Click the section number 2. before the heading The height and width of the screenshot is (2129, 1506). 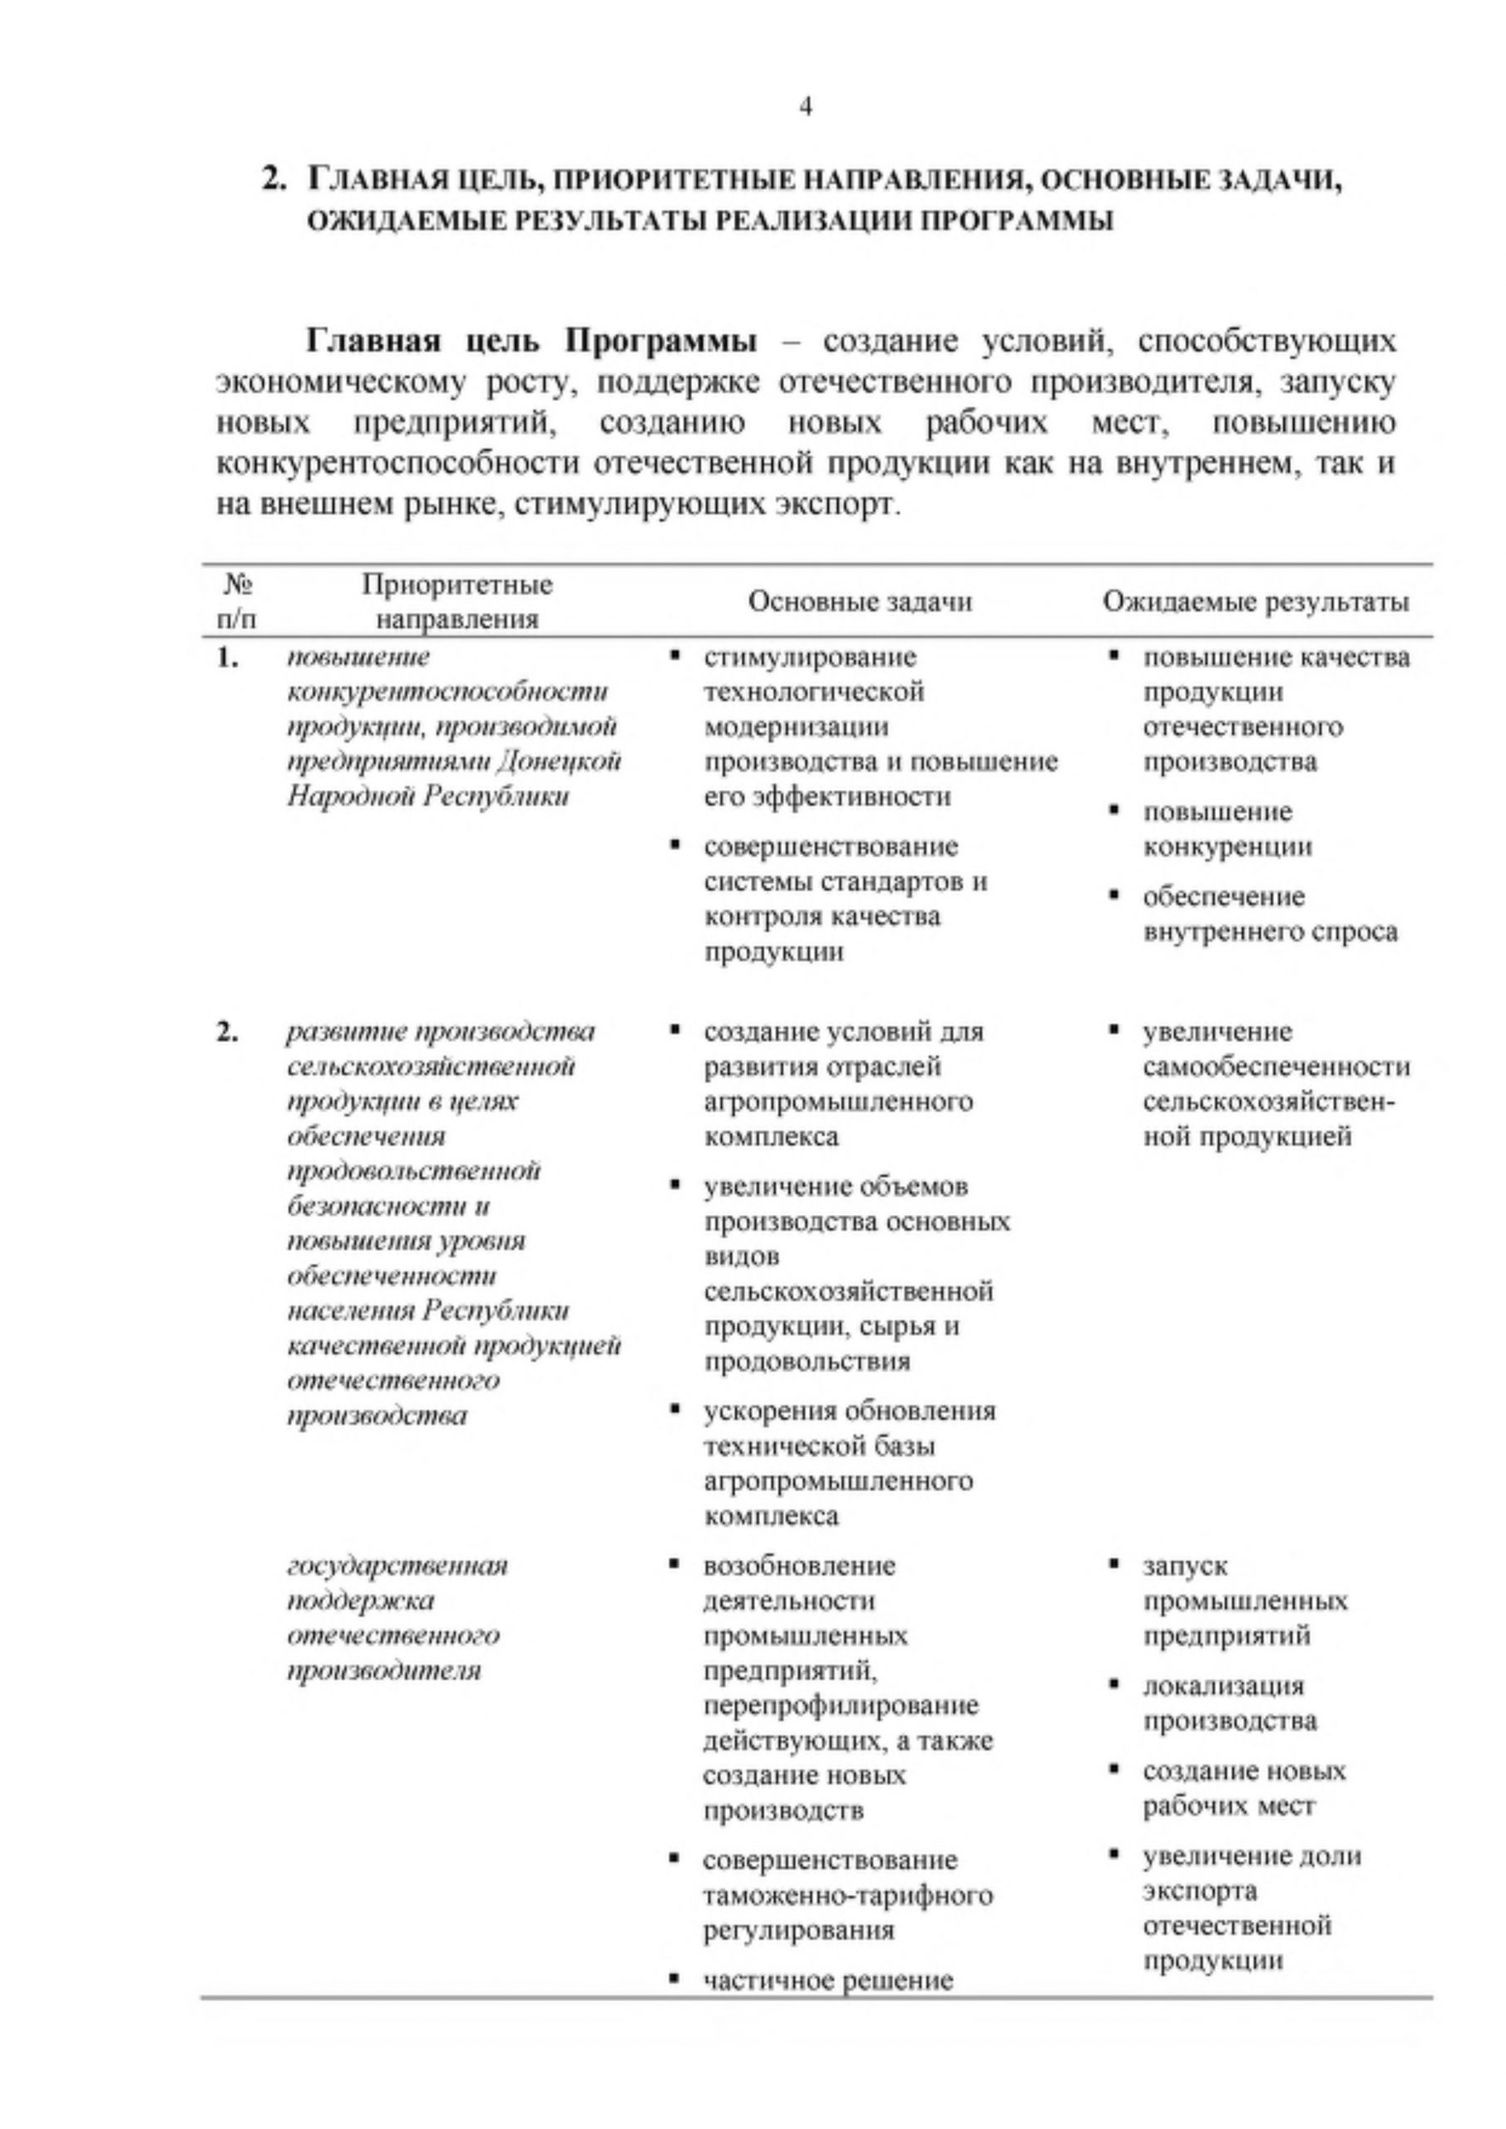pyautogui.click(x=275, y=179)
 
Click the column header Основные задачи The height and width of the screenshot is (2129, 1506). pyautogui.click(x=860, y=603)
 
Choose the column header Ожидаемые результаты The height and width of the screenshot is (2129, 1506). pyautogui.click(x=1256, y=603)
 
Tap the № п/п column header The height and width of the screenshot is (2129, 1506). pyautogui.click(x=239, y=603)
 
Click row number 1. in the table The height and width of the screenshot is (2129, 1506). pyautogui.click(x=227, y=659)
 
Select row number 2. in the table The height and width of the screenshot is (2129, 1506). pyautogui.click(x=227, y=1032)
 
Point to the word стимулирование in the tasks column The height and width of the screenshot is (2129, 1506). pyautogui.click(x=810, y=659)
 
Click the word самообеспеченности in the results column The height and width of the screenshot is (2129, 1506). pyautogui.click(x=1276, y=1067)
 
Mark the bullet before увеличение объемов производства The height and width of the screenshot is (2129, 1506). pyautogui.click(x=674, y=1185)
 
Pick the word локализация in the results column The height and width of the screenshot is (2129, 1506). pyautogui.click(x=1223, y=1686)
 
